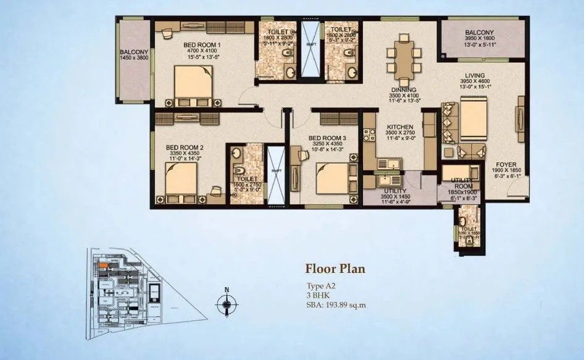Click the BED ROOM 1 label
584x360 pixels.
(202, 45)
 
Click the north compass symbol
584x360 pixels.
(227, 303)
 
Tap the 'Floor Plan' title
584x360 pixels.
(335, 269)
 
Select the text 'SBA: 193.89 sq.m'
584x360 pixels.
(336, 304)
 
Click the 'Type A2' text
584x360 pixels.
(320, 286)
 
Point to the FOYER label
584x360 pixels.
(506, 165)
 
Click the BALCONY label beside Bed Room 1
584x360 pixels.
(133, 52)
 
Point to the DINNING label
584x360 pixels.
(402, 90)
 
